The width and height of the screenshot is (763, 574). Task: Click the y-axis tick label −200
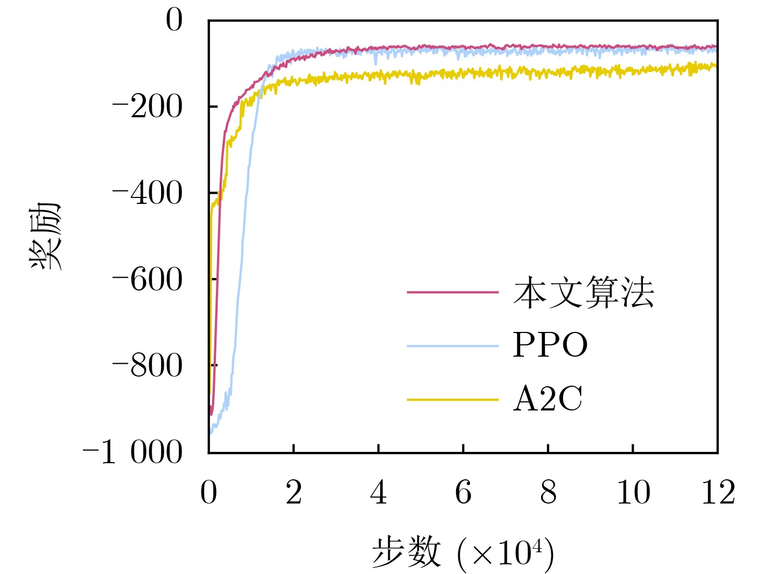pos(148,107)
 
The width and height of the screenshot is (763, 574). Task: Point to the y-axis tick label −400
pos(148,193)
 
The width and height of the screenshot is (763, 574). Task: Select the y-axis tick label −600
pos(148,280)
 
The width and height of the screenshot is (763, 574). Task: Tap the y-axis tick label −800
pos(148,366)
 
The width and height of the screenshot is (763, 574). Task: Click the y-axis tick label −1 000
pos(133,452)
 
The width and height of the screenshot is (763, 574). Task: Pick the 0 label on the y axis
pos(174,21)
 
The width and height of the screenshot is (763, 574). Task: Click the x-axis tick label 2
pos(293,492)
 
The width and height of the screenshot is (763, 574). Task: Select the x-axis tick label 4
pos(379,492)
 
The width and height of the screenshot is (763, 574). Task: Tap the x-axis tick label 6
pos(463,492)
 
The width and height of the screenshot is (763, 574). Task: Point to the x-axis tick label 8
pos(548,492)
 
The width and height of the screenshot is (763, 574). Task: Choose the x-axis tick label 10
pos(633,492)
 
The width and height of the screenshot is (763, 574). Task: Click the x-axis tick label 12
pos(718,492)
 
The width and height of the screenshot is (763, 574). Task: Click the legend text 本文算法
pos(584,293)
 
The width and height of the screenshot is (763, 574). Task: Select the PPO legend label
pos(550,345)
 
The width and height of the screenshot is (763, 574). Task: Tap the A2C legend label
pos(548,399)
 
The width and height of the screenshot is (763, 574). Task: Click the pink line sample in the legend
pos(453,292)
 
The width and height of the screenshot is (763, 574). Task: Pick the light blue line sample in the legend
pos(453,345)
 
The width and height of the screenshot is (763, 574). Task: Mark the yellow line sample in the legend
pos(453,400)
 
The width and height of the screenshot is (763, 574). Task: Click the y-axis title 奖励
pos(45,236)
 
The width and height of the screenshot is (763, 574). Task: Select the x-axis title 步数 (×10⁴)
pos(463,552)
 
